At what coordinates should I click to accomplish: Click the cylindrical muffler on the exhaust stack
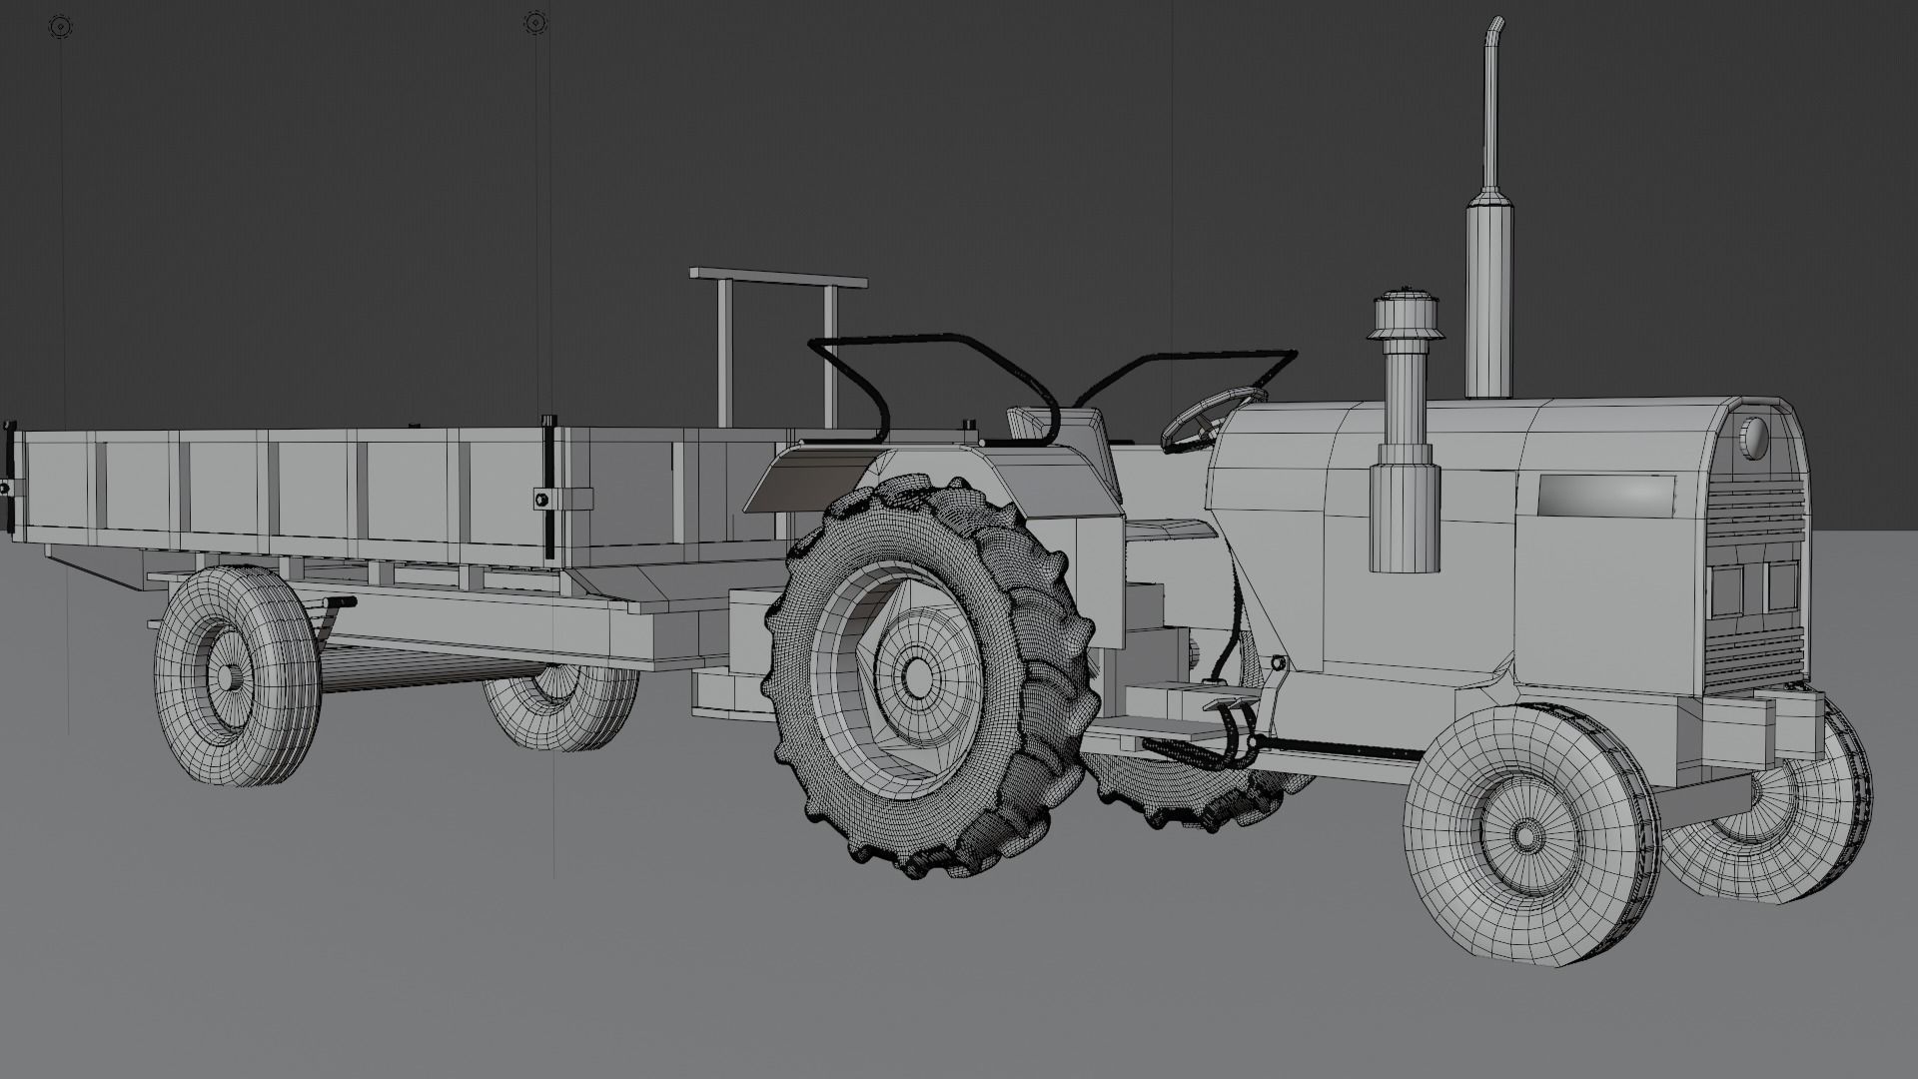point(1487,260)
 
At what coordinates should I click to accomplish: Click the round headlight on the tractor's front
point(1752,438)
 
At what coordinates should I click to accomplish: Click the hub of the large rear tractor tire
point(915,678)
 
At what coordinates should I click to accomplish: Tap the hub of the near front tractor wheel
point(1525,835)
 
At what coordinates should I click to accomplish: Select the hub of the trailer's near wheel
point(226,676)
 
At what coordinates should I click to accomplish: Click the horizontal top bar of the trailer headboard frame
point(778,277)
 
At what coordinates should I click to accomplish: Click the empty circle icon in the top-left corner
point(60,25)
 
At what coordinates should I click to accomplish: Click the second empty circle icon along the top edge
point(535,22)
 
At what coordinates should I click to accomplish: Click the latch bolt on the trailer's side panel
point(540,498)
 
